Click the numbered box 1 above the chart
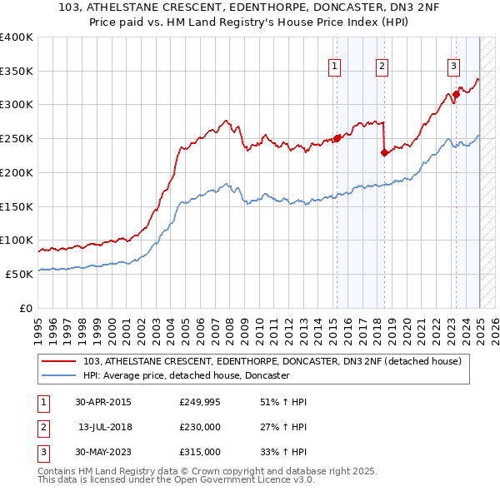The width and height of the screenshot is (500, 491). pos(334,67)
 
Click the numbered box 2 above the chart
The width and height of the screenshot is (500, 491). pos(382,67)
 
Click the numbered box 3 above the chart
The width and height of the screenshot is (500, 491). pos(453,67)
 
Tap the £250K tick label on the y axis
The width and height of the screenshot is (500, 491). pos(17,138)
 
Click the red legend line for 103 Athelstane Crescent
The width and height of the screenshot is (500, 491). pos(59,361)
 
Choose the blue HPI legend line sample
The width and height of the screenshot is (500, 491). pos(59,376)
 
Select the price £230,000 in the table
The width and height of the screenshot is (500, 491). pos(200,427)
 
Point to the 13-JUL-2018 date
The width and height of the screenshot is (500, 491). pos(106,427)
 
